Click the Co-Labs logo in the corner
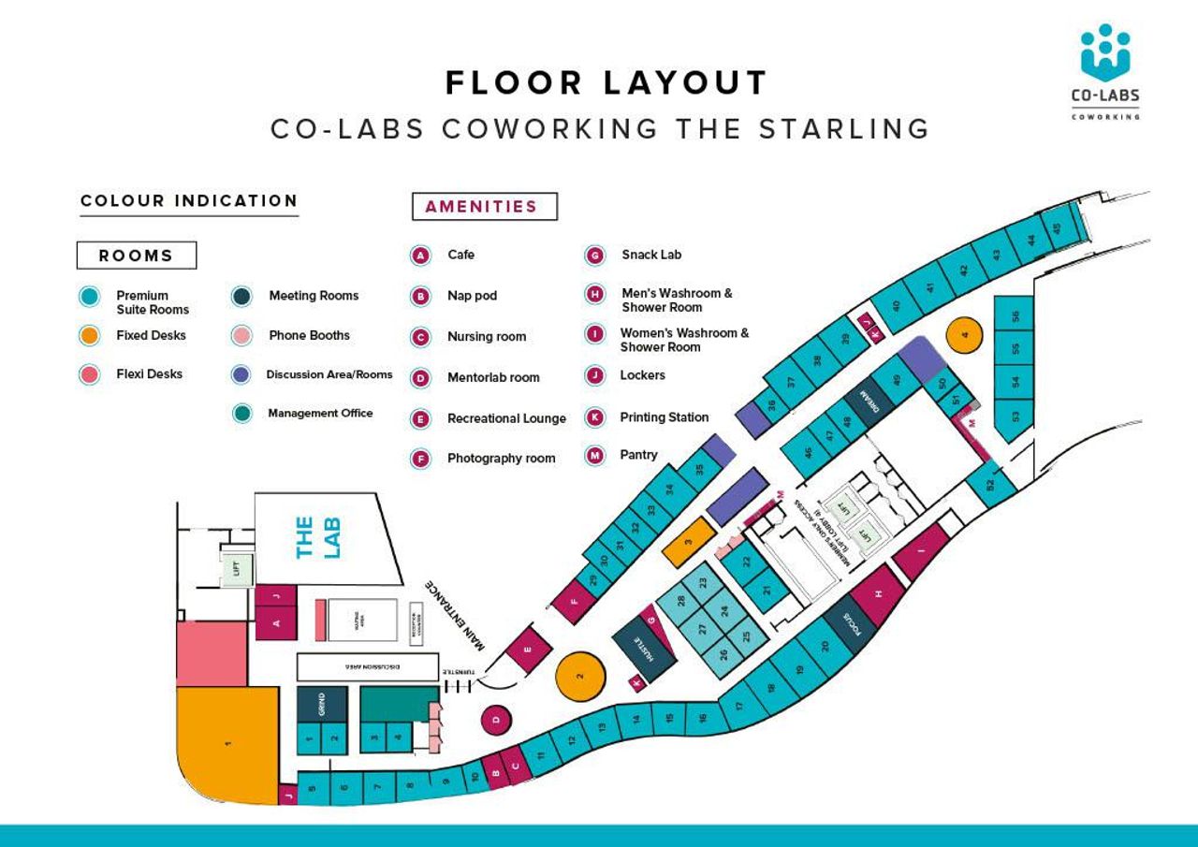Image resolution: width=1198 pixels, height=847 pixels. [x=1104, y=70]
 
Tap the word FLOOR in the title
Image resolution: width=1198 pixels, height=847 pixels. [x=513, y=83]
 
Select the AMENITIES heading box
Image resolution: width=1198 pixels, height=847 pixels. [x=484, y=206]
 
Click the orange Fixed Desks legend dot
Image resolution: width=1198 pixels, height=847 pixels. [x=88, y=336]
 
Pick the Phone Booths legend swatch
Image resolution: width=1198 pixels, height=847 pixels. [x=241, y=336]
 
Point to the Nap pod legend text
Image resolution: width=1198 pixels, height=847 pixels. [x=472, y=296]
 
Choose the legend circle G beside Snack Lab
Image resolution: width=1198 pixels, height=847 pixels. [x=593, y=255]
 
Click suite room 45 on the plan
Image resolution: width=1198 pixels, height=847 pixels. [x=1057, y=227]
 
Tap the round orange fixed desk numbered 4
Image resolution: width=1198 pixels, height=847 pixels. [x=965, y=333]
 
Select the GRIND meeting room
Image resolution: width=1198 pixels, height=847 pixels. [x=321, y=703]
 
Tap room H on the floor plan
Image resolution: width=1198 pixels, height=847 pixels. [x=878, y=594]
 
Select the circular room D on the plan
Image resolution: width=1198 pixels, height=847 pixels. [x=497, y=720]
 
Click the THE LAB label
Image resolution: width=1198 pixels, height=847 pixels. [x=317, y=538]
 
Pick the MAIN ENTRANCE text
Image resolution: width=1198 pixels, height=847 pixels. [x=458, y=615]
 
